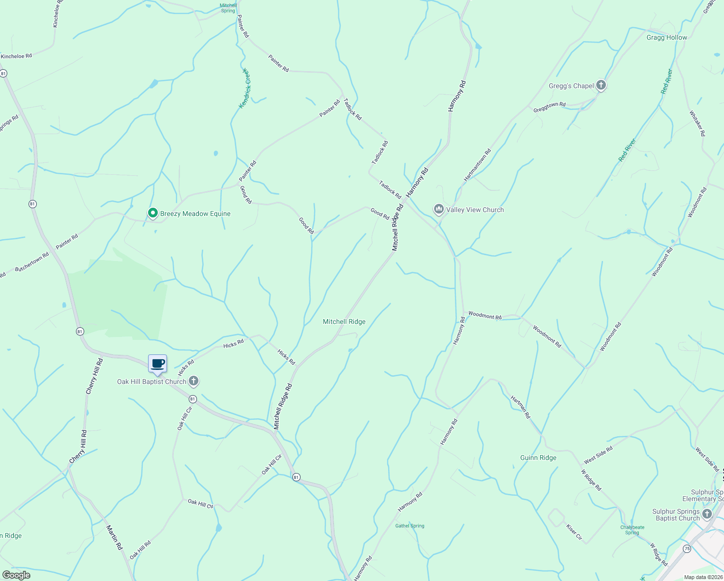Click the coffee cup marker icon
click(157, 364)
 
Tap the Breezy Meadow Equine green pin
click(153, 213)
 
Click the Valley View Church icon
click(439, 209)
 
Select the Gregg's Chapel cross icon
click(601, 86)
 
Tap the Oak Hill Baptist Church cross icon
click(193, 382)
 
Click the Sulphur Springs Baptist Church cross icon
click(707, 514)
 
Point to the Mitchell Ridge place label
click(344, 321)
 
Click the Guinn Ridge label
click(538, 458)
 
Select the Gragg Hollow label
click(666, 37)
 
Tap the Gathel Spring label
click(409, 526)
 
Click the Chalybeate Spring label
click(632, 530)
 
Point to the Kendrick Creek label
click(244, 88)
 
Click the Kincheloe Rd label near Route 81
click(16, 56)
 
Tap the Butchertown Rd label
click(32, 262)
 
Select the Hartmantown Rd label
click(477, 165)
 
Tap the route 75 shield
click(687, 549)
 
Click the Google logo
click(16, 575)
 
